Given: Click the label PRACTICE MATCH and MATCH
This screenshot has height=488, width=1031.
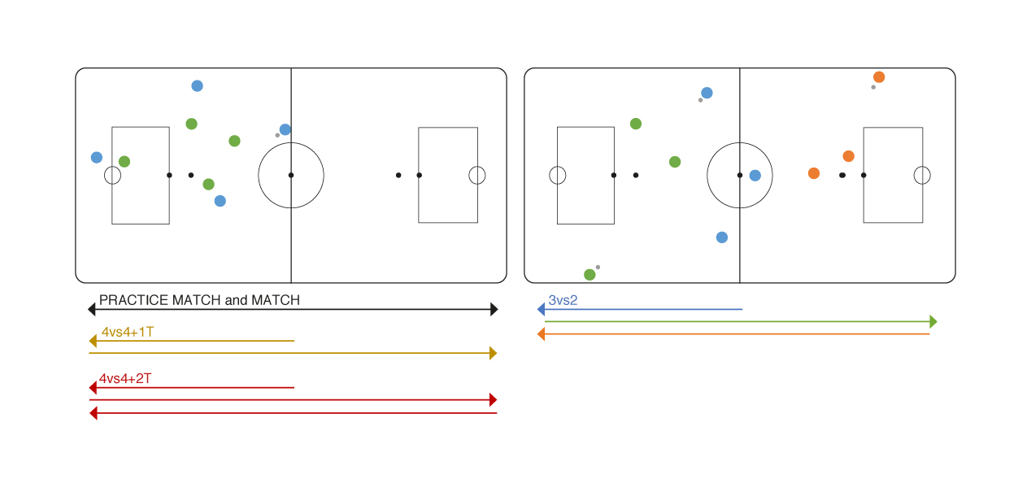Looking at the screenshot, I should [x=199, y=300].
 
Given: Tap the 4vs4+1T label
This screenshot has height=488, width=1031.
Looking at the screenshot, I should [x=128, y=333].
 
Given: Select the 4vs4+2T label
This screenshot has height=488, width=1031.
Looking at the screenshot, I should [x=125, y=379].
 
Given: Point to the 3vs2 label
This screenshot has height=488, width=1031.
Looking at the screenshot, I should [x=563, y=300].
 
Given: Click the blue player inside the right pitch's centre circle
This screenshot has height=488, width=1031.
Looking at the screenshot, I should [x=755, y=176].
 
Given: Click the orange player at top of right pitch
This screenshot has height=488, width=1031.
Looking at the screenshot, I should [x=879, y=77].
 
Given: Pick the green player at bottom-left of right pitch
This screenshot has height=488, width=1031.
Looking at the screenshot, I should [x=589, y=275].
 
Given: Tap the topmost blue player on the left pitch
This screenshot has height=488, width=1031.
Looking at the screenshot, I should [x=197, y=86].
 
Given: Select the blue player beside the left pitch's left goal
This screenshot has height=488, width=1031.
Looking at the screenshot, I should [x=97, y=158].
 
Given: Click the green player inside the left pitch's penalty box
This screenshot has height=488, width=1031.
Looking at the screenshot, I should [x=124, y=162].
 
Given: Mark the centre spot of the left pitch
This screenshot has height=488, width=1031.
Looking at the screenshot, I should [x=291, y=175].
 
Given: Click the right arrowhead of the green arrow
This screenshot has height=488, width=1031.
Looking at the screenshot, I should [x=933, y=321].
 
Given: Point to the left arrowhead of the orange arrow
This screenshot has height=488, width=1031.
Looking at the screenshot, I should [x=542, y=333].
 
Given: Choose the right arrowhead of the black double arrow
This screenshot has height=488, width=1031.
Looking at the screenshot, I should [x=494, y=309].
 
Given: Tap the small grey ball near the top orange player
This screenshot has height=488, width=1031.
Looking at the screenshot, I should [x=873, y=87].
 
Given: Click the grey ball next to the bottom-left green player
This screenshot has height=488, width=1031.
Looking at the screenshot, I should [x=598, y=267].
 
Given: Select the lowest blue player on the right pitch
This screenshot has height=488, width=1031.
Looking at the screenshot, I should [x=722, y=237].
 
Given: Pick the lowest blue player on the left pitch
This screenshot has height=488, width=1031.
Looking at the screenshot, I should [x=220, y=201].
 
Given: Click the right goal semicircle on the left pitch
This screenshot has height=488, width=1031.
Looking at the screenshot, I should [x=477, y=175].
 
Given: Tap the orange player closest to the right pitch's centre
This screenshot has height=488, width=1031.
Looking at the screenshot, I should [x=814, y=173].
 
